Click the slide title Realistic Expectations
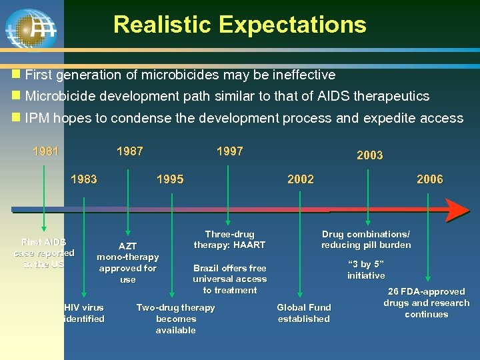click(239, 25)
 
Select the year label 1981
click(46, 151)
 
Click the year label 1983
click(84, 179)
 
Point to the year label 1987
click(129, 151)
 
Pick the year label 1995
click(170, 179)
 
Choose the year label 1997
click(230, 151)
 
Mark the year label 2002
click(300, 179)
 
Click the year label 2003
click(369, 155)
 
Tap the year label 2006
click(429, 179)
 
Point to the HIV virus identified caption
click(84, 313)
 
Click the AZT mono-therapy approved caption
click(127, 263)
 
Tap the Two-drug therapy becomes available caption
click(175, 319)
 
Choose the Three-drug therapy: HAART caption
click(229, 240)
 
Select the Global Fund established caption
click(303, 313)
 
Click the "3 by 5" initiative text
click(366, 269)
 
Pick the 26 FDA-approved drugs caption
click(426, 303)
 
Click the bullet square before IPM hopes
click(16, 118)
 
